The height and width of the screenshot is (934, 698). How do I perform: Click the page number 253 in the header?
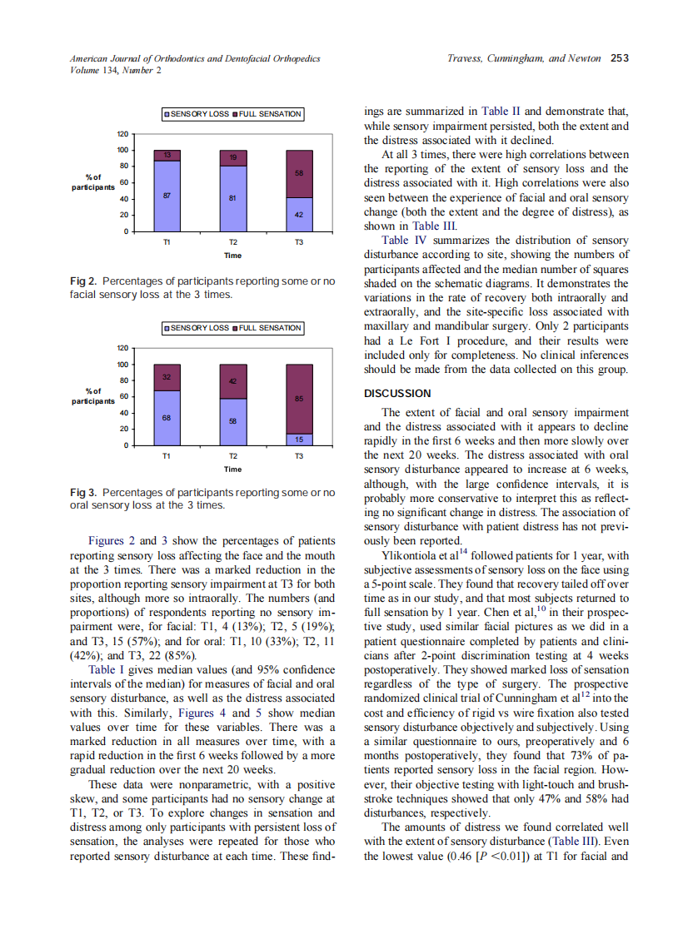(x=619, y=58)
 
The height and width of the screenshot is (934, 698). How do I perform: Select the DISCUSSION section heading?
(x=397, y=393)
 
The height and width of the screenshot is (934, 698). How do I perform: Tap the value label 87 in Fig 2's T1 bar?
(x=167, y=195)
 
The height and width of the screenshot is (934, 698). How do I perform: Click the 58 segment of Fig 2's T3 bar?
(x=299, y=173)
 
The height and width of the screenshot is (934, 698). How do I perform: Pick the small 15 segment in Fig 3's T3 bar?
(x=299, y=439)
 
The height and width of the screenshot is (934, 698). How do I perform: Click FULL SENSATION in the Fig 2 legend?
(x=270, y=114)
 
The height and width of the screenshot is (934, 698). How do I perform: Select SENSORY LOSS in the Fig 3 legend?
(x=199, y=328)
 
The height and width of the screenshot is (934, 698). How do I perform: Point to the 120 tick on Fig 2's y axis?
(x=122, y=134)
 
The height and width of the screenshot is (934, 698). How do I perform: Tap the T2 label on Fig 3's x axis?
(x=233, y=457)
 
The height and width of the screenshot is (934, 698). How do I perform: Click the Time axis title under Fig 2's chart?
(x=233, y=255)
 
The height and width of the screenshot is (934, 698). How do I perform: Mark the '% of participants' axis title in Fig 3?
(x=93, y=395)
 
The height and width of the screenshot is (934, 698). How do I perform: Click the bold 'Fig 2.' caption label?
(x=84, y=282)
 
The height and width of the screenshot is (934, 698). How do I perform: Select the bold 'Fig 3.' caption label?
(x=84, y=493)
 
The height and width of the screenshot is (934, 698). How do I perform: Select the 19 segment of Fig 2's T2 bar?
(x=233, y=157)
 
